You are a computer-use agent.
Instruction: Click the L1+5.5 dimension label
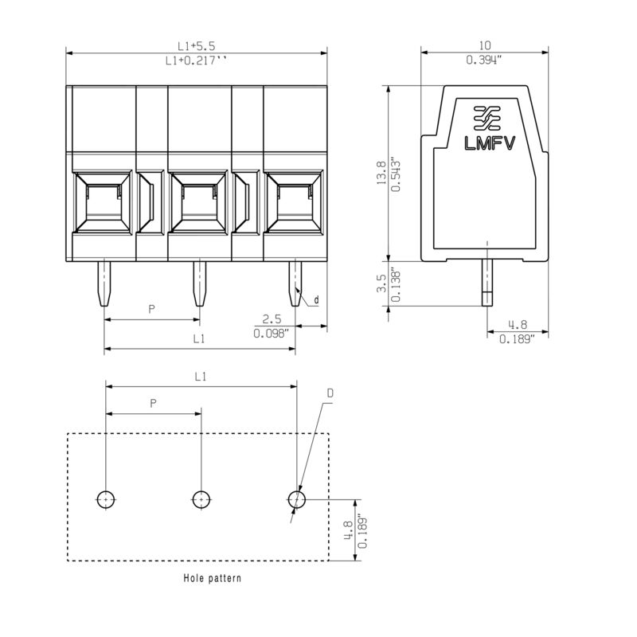coord(196,45)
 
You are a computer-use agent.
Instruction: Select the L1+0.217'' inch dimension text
coord(196,61)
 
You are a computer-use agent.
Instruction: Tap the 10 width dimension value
coord(485,45)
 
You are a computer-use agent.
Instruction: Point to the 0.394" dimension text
coord(484,61)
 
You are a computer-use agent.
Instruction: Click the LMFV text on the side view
coord(490,143)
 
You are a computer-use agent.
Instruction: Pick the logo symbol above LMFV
coord(487,118)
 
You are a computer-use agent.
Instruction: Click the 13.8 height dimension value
coord(382,172)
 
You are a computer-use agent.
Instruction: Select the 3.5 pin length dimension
coord(382,283)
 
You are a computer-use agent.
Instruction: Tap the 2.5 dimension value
coord(272,319)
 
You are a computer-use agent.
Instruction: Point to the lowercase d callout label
coord(316,300)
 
